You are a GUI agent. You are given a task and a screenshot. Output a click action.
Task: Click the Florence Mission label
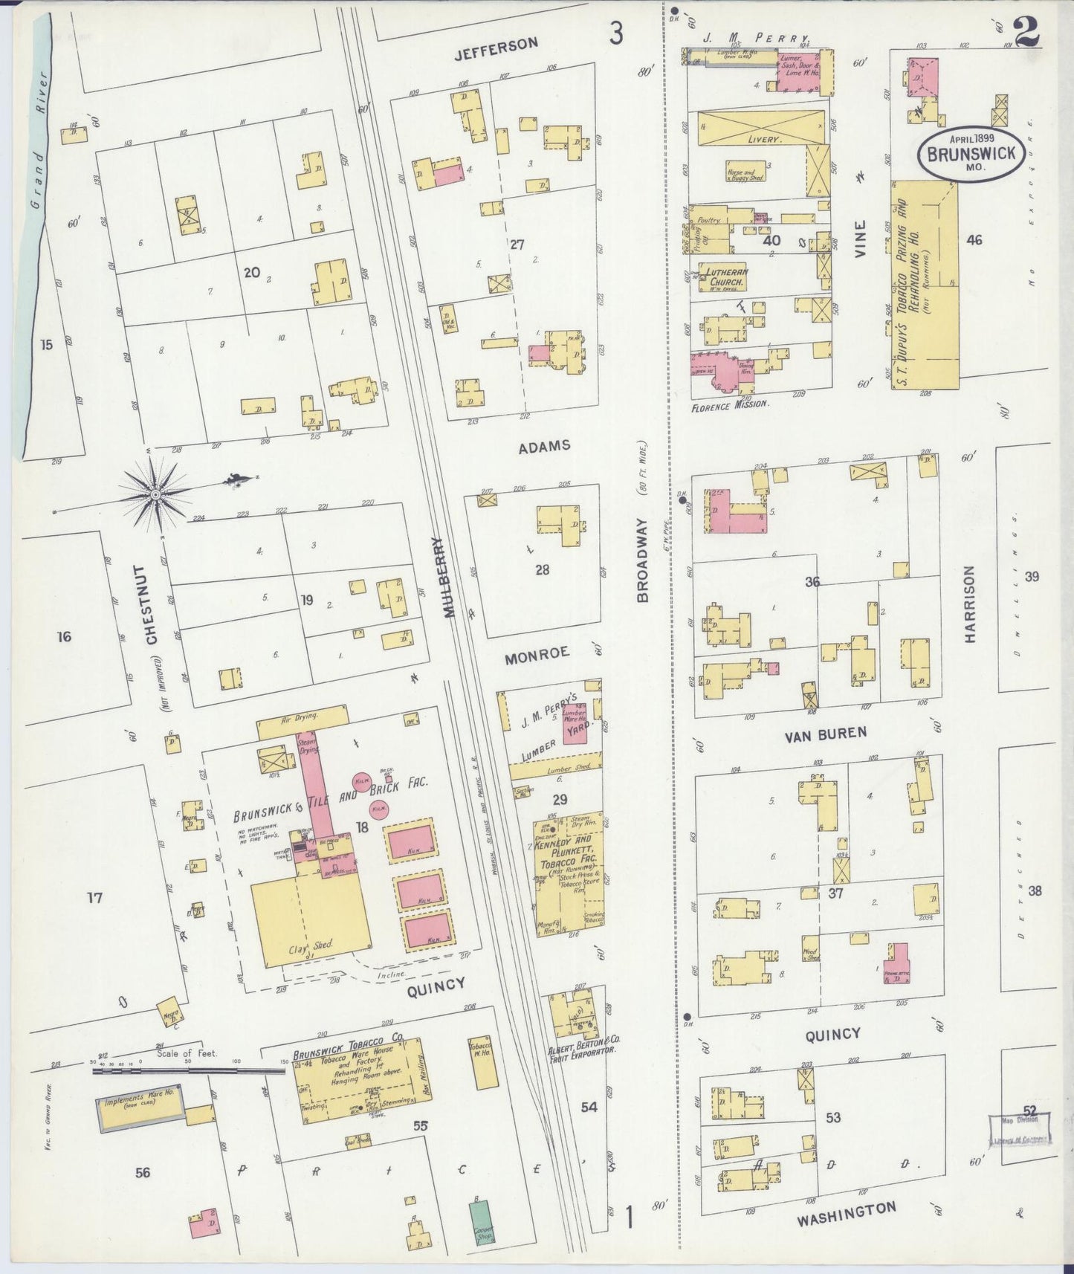729,407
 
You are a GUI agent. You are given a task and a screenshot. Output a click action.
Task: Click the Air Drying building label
301,717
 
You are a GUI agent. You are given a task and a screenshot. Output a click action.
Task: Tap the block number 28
542,569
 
